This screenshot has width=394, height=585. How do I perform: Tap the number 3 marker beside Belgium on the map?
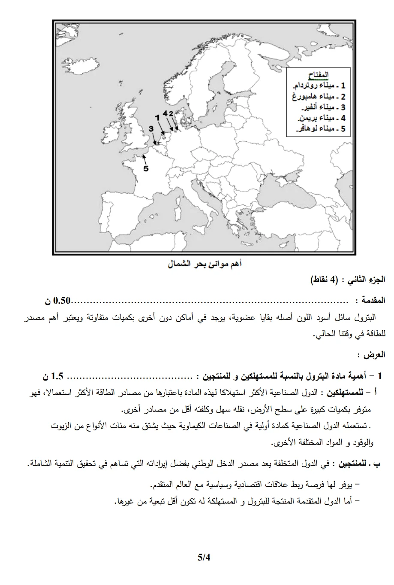pos(151,128)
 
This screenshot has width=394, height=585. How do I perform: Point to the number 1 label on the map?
pos(157,116)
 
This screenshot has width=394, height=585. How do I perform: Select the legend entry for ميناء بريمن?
pos(318,118)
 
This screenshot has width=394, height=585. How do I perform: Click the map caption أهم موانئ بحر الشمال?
pos(205,264)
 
